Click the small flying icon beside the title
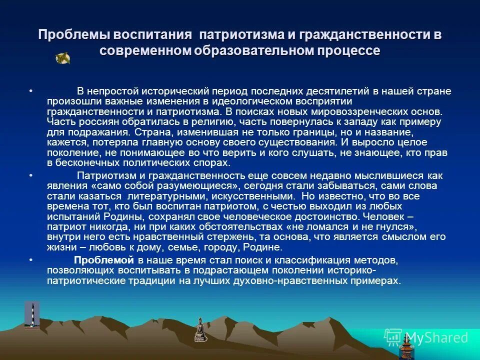[62, 58]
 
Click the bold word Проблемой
[104, 260]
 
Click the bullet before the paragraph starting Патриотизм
[31, 175]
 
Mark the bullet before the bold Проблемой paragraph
[31, 260]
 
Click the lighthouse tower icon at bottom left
[32, 315]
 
